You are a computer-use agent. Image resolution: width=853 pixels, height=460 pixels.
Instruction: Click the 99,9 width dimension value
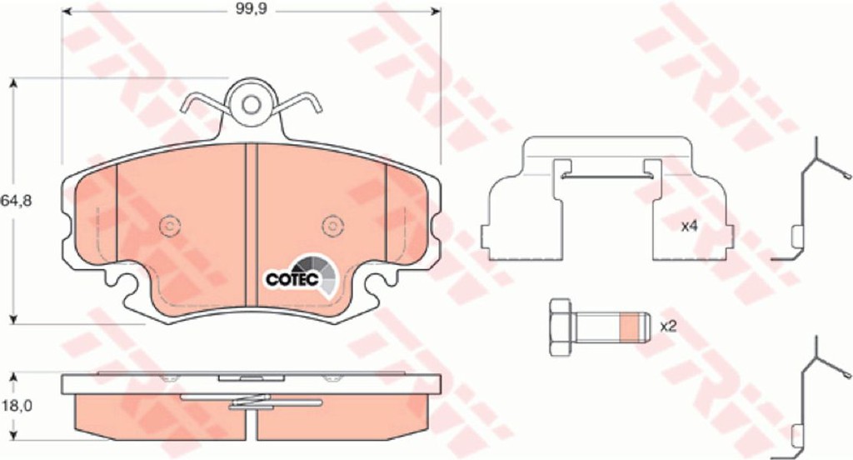click(251, 9)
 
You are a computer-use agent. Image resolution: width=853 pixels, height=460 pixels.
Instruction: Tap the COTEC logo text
click(292, 279)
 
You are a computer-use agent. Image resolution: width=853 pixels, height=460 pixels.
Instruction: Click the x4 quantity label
click(689, 227)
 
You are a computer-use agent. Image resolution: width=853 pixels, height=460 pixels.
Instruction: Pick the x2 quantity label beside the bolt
click(668, 327)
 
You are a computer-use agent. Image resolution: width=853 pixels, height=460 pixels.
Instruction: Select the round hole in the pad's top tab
click(251, 104)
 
